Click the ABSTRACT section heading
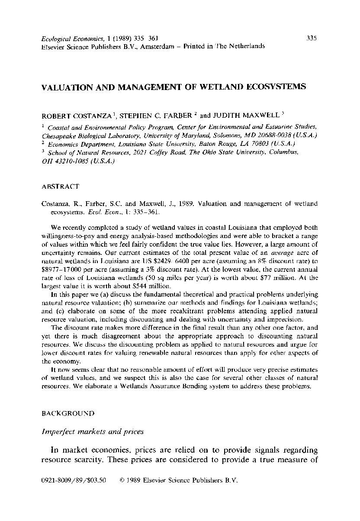coord(60,187)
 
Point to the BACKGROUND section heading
coord(67,413)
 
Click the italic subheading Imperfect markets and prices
coord(93,431)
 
